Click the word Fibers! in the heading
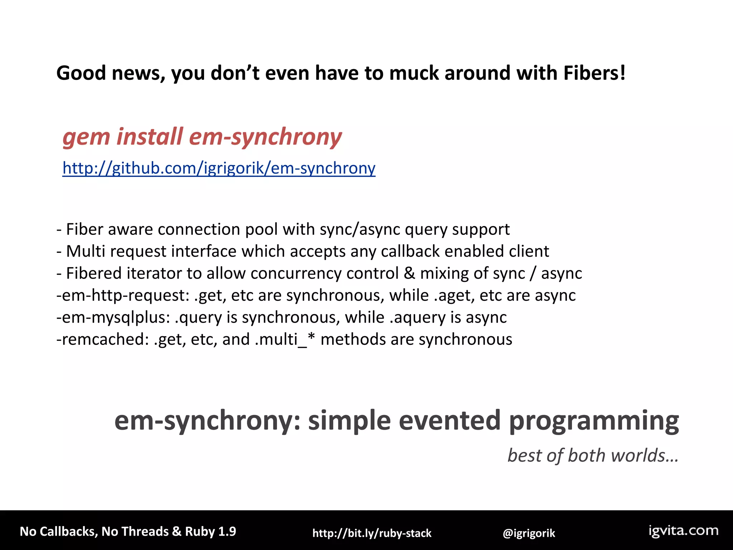pos(594,73)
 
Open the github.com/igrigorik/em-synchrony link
pos(219,168)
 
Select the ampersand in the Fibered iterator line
pos(409,274)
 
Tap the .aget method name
pos(454,296)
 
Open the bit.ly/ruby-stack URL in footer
pos(372,533)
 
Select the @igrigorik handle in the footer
pos(529,533)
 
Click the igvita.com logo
pos(684,531)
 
